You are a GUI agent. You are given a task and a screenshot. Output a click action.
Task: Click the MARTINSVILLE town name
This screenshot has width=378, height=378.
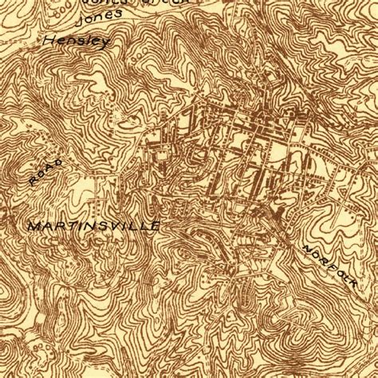pos(94,226)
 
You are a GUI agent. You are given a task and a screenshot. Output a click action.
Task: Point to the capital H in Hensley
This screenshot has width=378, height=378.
pos(49,39)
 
